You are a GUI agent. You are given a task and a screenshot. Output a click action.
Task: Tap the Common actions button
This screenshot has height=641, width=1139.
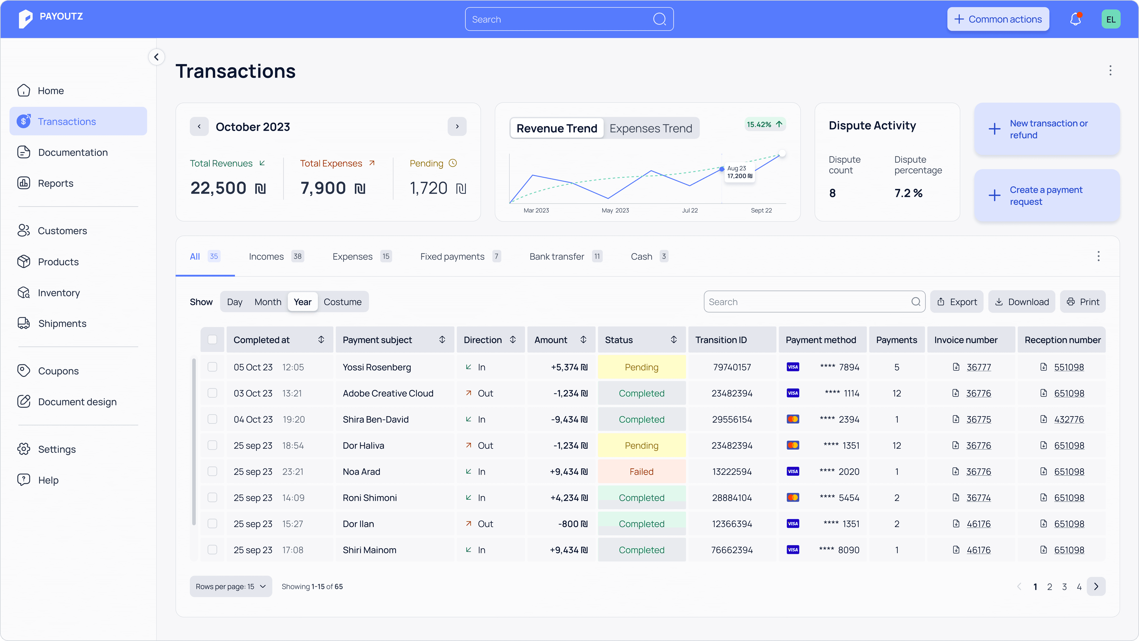click(x=998, y=19)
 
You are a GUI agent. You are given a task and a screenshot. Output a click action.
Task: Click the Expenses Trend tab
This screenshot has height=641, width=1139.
click(x=651, y=128)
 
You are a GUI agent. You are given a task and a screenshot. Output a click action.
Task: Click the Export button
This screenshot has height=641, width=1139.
click(x=957, y=302)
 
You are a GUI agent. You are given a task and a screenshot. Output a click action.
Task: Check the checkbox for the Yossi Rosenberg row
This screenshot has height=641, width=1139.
click(x=212, y=367)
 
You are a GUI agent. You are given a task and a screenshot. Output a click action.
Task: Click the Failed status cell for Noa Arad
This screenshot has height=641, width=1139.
click(x=642, y=472)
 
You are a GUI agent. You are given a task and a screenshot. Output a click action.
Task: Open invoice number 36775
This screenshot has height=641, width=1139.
click(x=979, y=419)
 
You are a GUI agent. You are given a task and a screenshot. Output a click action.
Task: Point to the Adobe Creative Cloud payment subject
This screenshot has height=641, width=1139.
click(x=388, y=393)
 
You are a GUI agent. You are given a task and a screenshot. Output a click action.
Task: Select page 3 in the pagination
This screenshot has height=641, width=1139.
click(x=1064, y=586)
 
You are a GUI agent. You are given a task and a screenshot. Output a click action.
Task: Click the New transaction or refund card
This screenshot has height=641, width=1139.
click(x=1047, y=129)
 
